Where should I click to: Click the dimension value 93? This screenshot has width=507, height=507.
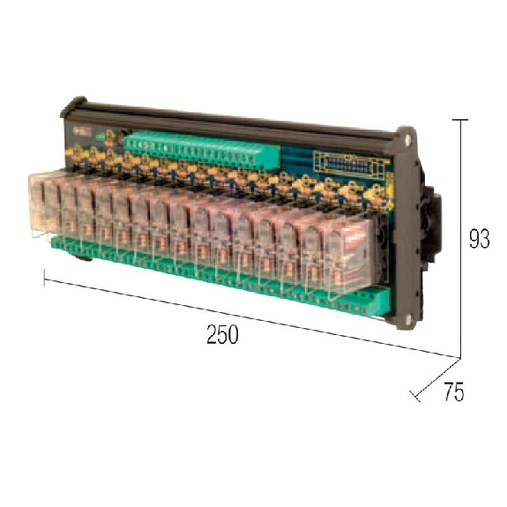click(480, 239)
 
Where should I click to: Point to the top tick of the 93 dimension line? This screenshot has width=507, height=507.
click(459, 119)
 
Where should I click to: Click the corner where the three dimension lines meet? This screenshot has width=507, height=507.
click(459, 358)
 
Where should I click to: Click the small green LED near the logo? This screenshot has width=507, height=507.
click(100, 136)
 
